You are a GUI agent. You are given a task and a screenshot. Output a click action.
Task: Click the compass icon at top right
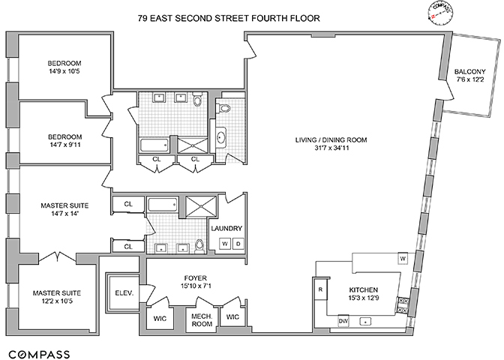coord(440,12)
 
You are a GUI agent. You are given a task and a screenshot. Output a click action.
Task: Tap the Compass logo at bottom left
coord(39,355)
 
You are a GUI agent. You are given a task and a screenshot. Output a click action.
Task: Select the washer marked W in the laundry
coord(225,244)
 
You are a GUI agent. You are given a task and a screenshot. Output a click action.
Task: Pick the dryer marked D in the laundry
coord(238,244)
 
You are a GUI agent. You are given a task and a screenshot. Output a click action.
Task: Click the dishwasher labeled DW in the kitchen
coord(343,321)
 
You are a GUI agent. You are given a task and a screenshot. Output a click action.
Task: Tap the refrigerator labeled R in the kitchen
coord(320,289)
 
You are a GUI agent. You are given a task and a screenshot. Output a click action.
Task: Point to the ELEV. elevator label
coord(124,293)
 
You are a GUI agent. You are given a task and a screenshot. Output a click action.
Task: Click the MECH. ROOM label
coord(202,319)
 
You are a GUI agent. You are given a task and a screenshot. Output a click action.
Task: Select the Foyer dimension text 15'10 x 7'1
coord(196,286)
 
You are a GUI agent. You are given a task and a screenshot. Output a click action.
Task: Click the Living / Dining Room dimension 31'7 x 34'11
coord(331,148)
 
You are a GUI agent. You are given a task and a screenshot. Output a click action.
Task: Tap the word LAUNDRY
coord(226,229)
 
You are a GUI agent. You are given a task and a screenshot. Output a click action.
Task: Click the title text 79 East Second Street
coord(193,18)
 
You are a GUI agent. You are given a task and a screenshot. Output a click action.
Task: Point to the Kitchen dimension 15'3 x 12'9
coord(363,298)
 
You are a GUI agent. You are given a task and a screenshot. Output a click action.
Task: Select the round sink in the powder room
coord(220,137)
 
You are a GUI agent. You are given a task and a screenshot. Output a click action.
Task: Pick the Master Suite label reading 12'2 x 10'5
coord(57,301)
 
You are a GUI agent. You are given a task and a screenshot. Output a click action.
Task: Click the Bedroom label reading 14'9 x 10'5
coord(64,71)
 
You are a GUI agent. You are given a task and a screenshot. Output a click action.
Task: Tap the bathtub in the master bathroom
coord(163,204)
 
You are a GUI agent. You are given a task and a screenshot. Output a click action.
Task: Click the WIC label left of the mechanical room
coord(160,318)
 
